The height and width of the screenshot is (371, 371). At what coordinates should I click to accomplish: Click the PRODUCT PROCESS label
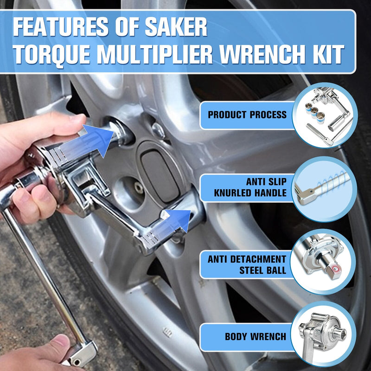[x=247, y=115]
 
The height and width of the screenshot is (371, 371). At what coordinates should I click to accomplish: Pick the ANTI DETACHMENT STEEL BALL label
[x=247, y=264]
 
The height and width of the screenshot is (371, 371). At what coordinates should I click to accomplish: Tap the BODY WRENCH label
[x=255, y=336]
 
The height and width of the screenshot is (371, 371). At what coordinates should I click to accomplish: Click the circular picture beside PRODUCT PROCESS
[x=325, y=115]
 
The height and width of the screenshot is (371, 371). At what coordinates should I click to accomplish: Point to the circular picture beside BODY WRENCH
[x=325, y=335]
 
